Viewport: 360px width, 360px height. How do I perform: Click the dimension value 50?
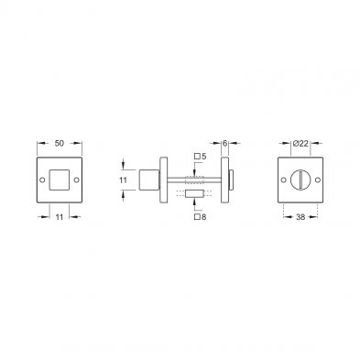click(60, 143)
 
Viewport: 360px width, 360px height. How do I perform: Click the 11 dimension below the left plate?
click(60, 217)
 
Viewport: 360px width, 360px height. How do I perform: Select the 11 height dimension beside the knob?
click(123, 180)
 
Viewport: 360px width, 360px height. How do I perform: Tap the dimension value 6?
click(225, 143)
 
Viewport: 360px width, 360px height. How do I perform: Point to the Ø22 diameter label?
click(300, 143)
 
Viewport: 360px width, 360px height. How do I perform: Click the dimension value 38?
click(300, 217)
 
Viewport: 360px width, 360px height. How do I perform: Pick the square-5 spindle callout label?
click(201, 157)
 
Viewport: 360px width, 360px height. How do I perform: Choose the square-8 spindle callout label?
click(201, 217)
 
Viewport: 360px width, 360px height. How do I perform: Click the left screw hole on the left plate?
click(42, 180)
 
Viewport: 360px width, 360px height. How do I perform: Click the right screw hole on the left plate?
click(77, 180)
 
